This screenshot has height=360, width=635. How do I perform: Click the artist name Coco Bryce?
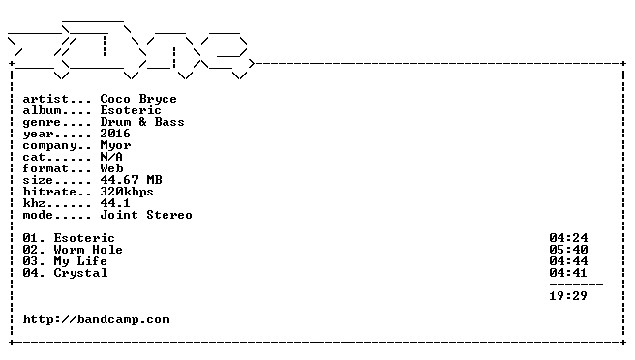tap(138, 100)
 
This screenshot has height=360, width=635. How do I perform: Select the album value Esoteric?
tap(131, 110)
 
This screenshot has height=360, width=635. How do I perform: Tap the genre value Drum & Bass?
tap(142, 122)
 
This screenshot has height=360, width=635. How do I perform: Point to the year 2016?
tap(115, 134)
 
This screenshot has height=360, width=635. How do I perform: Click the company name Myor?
tap(116, 146)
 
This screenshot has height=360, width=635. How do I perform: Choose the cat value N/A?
tap(111, 157)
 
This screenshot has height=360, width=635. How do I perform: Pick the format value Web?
tap(111, 168)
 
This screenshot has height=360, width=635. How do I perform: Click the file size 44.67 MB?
tap(132, 180)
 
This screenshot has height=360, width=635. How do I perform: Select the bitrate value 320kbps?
tap(127, 192)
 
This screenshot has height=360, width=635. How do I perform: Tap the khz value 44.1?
tap(115, 203)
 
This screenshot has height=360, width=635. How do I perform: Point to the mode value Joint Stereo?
tap(146, 215)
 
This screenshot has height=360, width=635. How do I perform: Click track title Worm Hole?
tap(88, 250)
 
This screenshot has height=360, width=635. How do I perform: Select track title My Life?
tap(80, 262)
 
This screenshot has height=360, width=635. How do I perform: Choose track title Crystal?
tap(81, 273)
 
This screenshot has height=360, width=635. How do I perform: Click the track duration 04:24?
tap(568, 238)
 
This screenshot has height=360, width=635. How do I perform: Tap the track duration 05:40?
tap(568, 250)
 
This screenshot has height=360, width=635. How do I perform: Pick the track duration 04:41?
tap(568, 273)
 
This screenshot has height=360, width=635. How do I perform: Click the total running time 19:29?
tap(568, 296)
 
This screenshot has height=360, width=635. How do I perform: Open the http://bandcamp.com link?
tap(97, 320)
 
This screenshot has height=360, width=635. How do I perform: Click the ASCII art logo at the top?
tap(130, 49)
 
